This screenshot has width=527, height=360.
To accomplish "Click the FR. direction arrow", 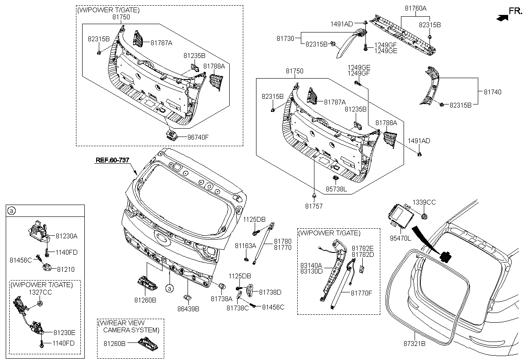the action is (502, 18).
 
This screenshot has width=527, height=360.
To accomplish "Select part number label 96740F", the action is (198, 137).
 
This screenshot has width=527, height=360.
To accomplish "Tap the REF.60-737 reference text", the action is (112, 160).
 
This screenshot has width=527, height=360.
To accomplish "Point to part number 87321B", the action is (415, 344).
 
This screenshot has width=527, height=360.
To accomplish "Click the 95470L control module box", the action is (401, 216).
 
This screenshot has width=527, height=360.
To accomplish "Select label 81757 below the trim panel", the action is (314, 206).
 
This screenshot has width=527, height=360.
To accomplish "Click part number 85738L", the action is (336, 189).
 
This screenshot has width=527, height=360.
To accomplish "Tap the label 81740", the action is (493, 92).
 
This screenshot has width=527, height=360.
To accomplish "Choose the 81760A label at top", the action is (415, 8).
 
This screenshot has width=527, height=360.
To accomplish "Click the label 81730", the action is (285, 38).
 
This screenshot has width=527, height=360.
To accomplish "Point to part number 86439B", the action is (188, 309).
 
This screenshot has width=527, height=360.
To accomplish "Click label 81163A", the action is (245, 246).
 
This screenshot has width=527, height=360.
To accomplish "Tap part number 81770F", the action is (361, 293).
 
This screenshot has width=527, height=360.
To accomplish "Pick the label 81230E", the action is (64, 332).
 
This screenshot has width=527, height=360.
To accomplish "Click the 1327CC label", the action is (40, 292).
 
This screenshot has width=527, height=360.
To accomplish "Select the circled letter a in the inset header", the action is (11, 211).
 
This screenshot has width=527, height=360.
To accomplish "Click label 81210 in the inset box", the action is (65, 269).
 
